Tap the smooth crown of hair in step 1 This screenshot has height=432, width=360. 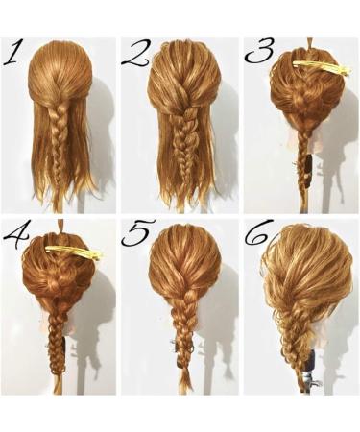[x=60, y=72]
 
